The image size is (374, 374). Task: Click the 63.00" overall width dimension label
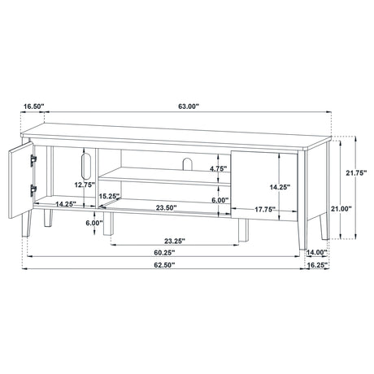[189, 107]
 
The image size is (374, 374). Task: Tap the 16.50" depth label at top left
[34, 107]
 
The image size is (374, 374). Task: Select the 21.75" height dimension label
[356, 172]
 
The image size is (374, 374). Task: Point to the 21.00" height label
[341, 208]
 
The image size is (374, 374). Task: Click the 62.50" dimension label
[164, 265]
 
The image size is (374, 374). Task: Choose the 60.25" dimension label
[164, 253]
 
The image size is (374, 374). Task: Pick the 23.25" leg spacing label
[175, 241]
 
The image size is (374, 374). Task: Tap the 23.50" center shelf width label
[167, 208]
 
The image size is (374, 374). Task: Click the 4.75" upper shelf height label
[219, 168]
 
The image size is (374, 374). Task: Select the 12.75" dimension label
[85, 185]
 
